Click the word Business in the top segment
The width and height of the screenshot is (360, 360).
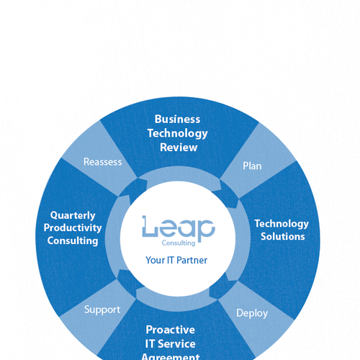(177, 120)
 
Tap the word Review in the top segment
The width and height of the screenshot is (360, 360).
(179, 148)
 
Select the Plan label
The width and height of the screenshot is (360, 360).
(252, 166)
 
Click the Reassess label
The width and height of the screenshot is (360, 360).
(103, 162)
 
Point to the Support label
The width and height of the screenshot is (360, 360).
(102, 310)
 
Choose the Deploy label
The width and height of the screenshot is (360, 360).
(252, 313)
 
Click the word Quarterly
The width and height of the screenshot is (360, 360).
(73, 215)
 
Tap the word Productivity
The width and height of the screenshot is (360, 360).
(73, 228)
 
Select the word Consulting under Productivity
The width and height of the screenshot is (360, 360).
(73, 240)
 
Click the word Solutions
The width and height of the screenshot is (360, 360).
(283, 237)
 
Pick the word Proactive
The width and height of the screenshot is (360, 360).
(171, 330)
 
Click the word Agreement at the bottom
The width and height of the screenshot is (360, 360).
(171, 357)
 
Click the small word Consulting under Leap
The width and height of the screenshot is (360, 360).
(179, 243)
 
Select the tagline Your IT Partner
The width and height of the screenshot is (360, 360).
(176, 260)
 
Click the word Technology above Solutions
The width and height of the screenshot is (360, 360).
(282, 224)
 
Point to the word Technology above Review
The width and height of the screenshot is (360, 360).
(178, 134)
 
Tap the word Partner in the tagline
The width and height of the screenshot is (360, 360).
(192, 260)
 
